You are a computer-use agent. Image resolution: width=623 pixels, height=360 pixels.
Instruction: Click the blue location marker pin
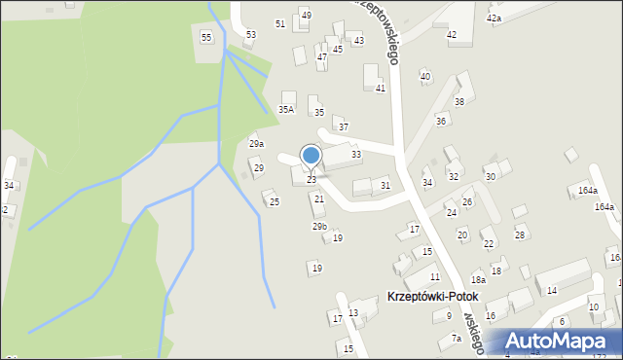tap(311, 156)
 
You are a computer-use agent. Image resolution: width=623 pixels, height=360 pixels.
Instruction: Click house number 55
tap(206, 37)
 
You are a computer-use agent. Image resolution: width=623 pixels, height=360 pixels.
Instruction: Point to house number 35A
tap(286, 110)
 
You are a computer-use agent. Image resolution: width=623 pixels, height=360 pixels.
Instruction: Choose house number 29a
tap(256, 144)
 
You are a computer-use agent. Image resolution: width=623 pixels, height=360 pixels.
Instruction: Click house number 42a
tap(495, 18)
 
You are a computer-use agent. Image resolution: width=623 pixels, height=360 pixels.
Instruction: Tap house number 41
tap(381, 89)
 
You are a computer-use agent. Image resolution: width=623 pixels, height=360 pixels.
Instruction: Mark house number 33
tap(356, 155)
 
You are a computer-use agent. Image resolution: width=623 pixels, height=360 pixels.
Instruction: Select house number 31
tap(385, 186)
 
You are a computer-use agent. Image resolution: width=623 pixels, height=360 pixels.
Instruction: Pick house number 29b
tap(319, 226)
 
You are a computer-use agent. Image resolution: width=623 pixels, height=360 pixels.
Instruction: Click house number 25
tap(275, 202)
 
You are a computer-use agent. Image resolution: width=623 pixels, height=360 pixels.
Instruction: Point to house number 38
tap(459, 102)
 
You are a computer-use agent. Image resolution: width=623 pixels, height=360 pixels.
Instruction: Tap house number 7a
tap(457, 339)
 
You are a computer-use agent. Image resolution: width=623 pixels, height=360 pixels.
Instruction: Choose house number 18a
tap(478, 279)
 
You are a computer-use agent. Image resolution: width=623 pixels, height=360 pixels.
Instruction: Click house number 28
tap(520, 235)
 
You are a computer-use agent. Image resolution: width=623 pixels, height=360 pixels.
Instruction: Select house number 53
tap(250, 35)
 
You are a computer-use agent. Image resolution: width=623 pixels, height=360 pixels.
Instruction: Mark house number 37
tap(343, 127)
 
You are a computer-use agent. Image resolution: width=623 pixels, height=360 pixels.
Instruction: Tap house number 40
tap(424, 76)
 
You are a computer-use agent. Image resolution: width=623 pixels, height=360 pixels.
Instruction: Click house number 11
tap(435, 277)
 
